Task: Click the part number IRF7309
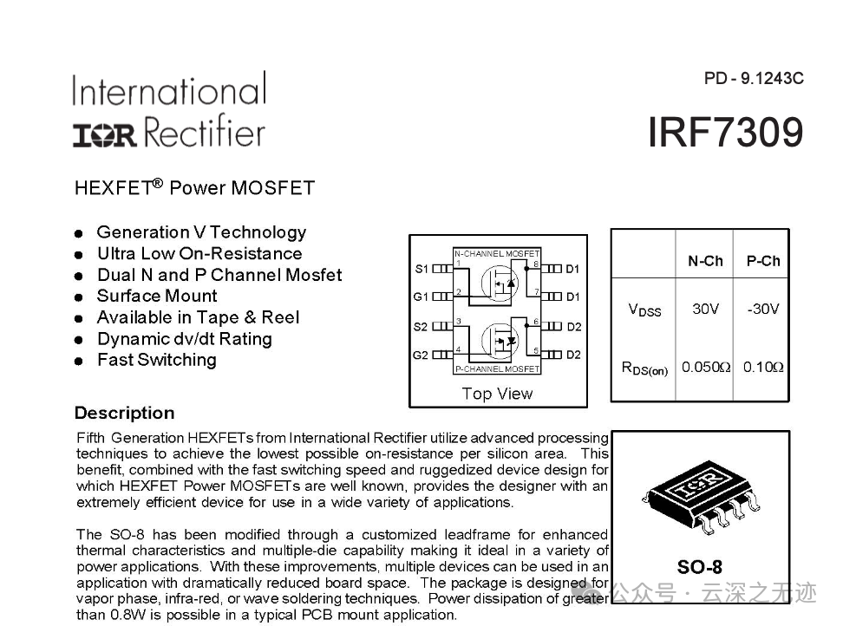point(725,132)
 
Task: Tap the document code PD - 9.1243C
point(754,78)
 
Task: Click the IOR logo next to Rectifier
point(105,135)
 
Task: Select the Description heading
point(125,413)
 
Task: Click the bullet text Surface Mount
point(157,296)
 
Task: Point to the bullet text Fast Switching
point(157,360)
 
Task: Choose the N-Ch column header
point(705,261)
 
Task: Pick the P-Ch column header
point(763,261)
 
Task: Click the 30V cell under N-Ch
point(705,309)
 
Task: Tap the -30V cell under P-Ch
point(763,309)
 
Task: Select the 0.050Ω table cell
point(706,367)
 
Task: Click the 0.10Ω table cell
point(763,367)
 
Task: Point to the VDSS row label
point(644,310)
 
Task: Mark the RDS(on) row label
point(644,368)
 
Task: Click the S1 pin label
point(421,269)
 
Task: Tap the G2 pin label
point(421,355)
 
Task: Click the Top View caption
point(497,394)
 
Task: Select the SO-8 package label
point(699,567)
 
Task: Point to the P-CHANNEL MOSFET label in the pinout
point(497,369)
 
